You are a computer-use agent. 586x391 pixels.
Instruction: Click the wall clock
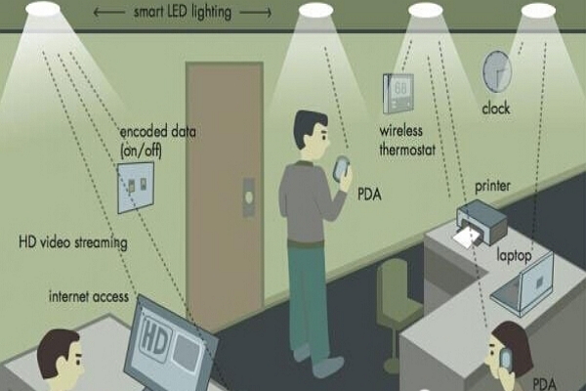click(497, 72)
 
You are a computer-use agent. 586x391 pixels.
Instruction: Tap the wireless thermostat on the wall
click(398, 93)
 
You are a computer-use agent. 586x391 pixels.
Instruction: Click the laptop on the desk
click(523, 284)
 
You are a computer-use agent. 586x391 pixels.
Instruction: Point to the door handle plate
click(249, 197)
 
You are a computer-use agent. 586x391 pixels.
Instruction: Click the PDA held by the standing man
click(342, 168)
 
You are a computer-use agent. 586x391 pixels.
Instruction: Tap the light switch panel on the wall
click(136, 188)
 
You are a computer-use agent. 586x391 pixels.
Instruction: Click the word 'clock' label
click(496, 109)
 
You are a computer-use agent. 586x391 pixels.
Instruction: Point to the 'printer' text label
click(492, 186)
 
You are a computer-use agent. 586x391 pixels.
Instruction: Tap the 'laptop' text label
click(514, 256)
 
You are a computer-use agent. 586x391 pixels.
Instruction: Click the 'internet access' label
click(89, 297)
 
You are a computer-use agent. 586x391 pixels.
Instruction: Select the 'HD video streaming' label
click(73, 242)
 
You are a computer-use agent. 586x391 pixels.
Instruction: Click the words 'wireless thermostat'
click(407, 141)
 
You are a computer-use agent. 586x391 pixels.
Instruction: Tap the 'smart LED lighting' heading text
click(183, 12)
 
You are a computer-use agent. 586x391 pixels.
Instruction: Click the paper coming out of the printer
click(467, 238)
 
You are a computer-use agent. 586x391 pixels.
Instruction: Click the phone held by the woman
click(506, 359)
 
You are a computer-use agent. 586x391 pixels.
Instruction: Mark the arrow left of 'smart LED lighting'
click(108, 13)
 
